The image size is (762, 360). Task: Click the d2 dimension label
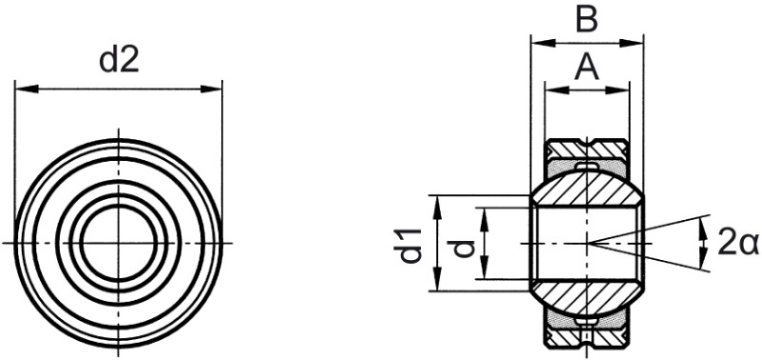coord(119,61)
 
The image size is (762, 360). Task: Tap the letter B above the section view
coord(587,20)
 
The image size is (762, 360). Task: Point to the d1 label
coord(411,245)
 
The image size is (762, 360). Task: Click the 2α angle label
coord(737,243)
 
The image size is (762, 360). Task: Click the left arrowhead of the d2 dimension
coord(27,89)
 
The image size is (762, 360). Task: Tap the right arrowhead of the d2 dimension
coord(211,89)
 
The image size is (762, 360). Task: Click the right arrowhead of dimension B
coord(632,43)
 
